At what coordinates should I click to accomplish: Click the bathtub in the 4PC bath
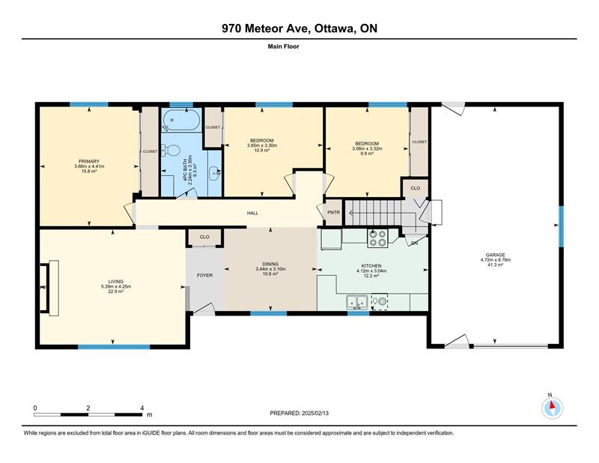tap(180, 120)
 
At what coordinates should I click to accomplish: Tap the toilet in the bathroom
tap(171, 150)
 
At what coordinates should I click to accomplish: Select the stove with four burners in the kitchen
tap(377, 237)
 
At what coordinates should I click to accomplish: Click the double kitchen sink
tap(357, 302)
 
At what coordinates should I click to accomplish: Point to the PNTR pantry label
tap(333, 213)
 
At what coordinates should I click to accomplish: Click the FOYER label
tap(204, 275)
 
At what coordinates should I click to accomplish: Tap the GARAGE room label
tap(496, 255)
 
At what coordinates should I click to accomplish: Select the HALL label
tap(252, 213)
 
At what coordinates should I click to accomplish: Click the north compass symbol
tap(552, 408)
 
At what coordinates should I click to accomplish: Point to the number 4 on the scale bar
tap(142, 408)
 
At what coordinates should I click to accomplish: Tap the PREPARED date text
tap(299, 414)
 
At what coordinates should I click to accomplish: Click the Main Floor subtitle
tap(284, 46)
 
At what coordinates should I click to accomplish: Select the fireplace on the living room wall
tap(49, 288)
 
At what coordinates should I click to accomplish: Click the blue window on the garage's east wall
tap(561, 226)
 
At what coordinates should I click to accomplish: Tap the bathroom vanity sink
tap(214, 174)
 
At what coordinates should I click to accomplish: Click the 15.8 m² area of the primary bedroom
tap(89, 172)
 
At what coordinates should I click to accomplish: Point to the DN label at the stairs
tap(414, 243)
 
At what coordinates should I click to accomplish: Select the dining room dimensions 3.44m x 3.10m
tap(270, 269)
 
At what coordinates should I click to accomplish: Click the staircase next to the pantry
tap(374, 213)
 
